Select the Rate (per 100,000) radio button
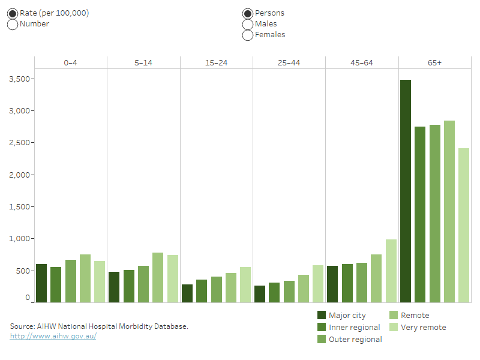[13, 13]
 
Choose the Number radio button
[13, 25]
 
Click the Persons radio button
[248, 13]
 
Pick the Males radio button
[248, 24]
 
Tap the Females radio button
[248, 35]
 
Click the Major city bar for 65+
[406, 191]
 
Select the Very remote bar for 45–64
[391, 271]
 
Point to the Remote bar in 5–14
[158, 277]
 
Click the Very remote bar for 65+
[464, 225]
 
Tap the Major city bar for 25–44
[260, 294]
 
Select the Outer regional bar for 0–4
[71, 281]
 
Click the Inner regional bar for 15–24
[202, 291]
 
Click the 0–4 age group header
[71, 62]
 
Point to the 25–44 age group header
[289, 62]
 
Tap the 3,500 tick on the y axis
[20, 79]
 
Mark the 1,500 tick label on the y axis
[20, 207]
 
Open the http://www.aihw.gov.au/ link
[53, 336]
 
